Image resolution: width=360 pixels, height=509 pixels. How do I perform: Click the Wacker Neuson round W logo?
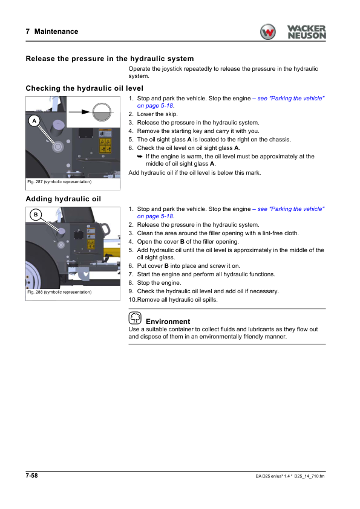pyautogui.click(x=267, y=32)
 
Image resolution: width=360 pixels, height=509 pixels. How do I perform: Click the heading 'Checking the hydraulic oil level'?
pyautogui.click(x=85, y=88)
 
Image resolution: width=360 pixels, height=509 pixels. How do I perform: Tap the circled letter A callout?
pyautogui.click(x=34, y=121)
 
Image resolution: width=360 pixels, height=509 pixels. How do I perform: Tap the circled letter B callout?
pyautogui.click(x=36, y=215)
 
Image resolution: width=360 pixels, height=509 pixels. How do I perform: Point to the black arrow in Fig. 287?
pyautogui.click(x=79, y=112)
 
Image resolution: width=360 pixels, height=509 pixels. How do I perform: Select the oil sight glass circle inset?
pyautogui.click(x=102, y=112)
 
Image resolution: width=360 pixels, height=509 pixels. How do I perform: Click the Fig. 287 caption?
pyautogui.click(x=59, y=182)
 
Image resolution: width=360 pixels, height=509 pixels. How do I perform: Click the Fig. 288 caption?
pyautogui.click(x=59, y=292)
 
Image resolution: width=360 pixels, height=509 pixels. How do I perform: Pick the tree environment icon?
pyautogui.click(x=135, y=318)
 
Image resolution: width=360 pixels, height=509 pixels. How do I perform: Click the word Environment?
pyautogui.click(x=168, y=322)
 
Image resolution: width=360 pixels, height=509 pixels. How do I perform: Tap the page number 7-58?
pyautogui.click(x=32, y=476)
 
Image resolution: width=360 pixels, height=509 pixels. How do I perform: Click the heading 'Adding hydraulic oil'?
pyautogui.click(x=64, y=199)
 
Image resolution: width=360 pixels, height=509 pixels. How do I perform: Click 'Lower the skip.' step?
pyautogui.click(x=157, y=114)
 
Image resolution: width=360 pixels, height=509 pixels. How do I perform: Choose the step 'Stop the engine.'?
pyautogui.click(x=159, y=283)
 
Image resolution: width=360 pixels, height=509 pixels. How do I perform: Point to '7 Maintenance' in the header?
pyautogui.click(x=52, y=31)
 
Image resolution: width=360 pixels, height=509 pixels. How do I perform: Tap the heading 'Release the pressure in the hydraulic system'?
pyautogui.click(x=110, y=59)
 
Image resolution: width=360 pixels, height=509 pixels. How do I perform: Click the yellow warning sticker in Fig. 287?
pyautogui.click(x=105, y=146)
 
